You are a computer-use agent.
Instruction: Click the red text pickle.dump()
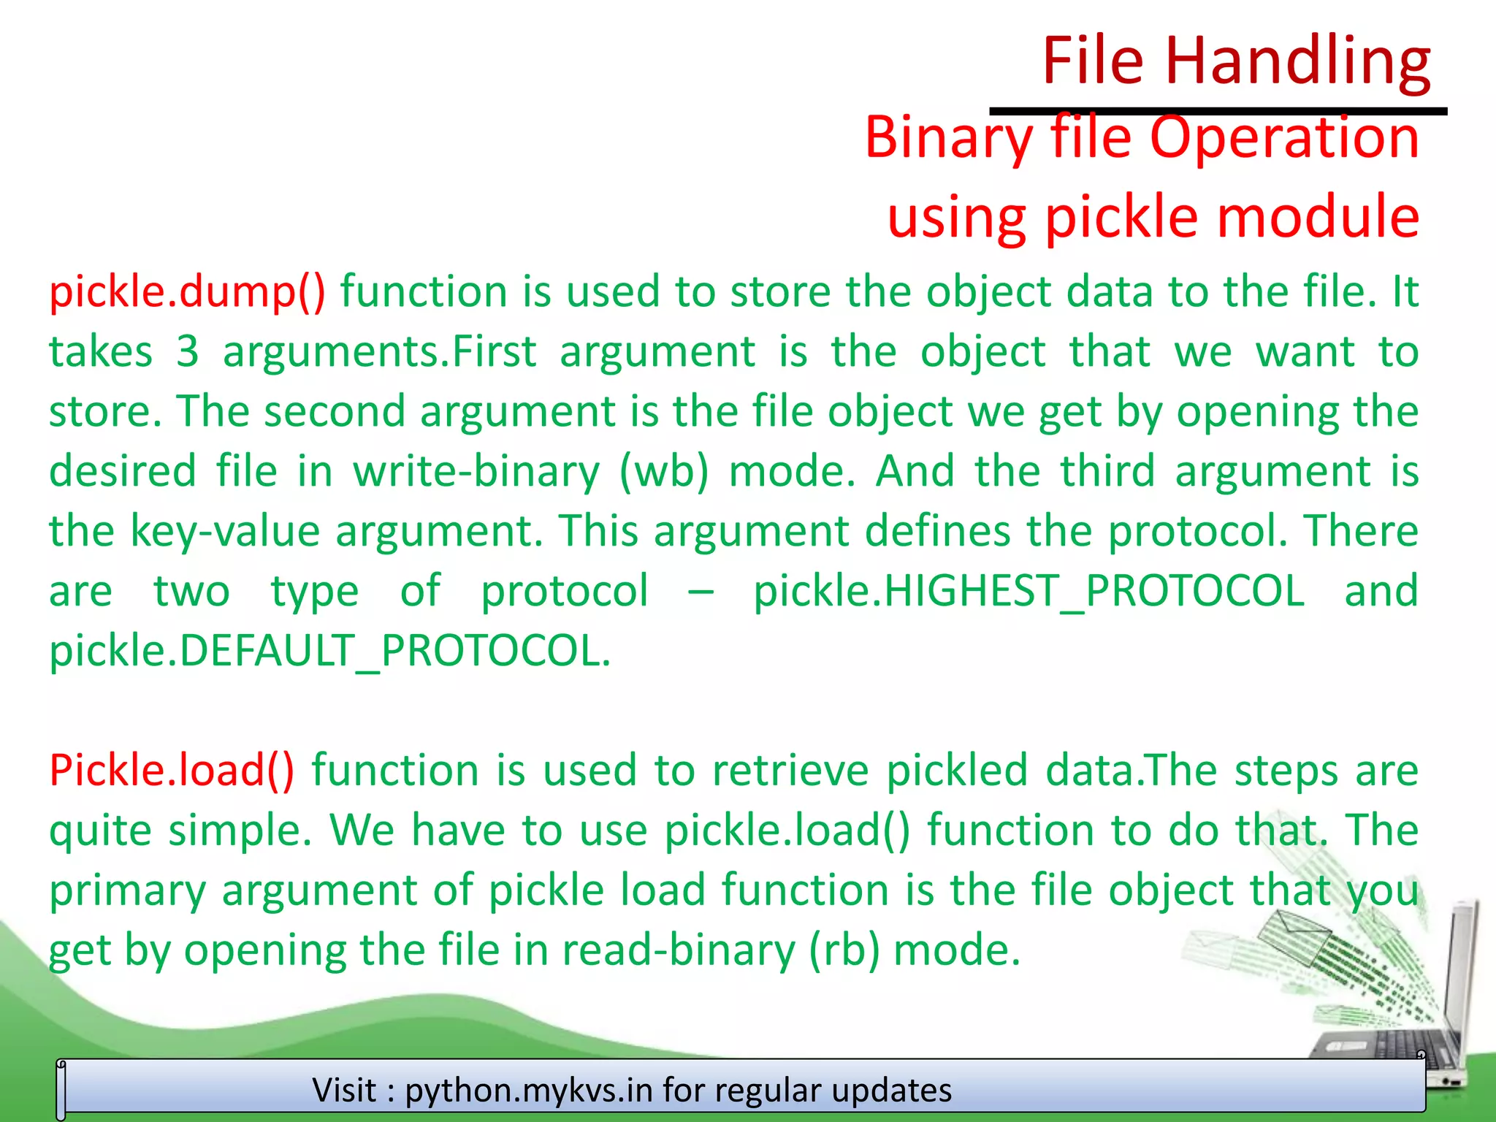tap(187, 291)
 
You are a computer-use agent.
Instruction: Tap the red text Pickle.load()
tap(172, 770)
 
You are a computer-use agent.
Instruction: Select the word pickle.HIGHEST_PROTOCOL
tap(1028, 590)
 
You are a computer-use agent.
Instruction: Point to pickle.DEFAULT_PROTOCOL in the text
tap(329, 650)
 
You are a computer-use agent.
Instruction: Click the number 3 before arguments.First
tap(188, 351)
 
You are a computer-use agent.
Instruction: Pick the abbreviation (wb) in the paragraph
tap(663, 471)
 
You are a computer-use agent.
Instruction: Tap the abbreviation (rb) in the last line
tap(844, 950)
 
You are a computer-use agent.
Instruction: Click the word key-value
tap(225, 531)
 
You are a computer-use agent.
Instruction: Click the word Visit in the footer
tap(345, 1090)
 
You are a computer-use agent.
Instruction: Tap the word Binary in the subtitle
tap(948, 137)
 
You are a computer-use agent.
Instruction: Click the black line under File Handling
tap(1218, 111)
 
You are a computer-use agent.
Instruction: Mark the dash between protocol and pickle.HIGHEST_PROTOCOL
tap(701, 590)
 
